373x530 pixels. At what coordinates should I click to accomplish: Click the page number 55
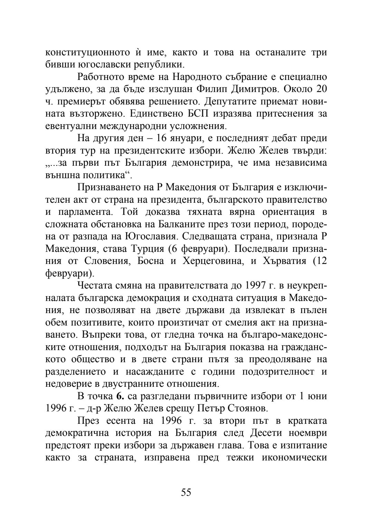click(x=186, y=492)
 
